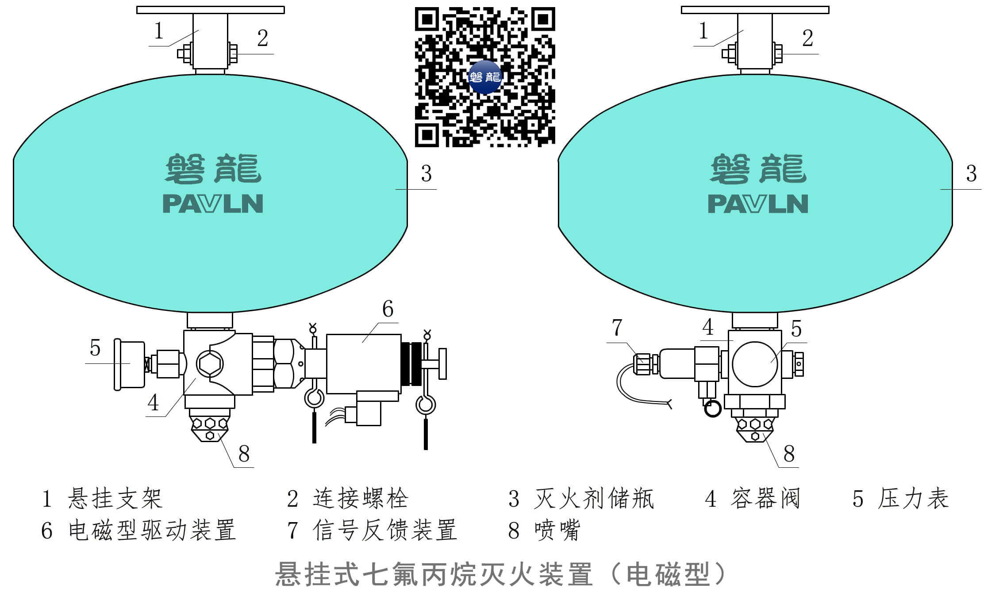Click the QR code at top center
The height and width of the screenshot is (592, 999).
point(485,77)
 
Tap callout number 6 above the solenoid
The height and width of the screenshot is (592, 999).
point(388,309)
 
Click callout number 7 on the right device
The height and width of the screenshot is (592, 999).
point(617,328)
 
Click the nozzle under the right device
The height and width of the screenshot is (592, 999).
point(755,428)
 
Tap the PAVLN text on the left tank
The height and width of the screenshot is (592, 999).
point(213,204)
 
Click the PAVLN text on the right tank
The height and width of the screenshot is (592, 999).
point(758,204)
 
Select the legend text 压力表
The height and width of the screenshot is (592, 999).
point(913,499)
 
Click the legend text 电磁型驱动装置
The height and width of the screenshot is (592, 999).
point(152,530)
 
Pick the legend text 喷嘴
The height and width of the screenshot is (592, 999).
point(557,530)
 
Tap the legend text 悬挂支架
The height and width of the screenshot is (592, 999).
point(115,499)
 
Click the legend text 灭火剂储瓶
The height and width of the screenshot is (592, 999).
point(594,499)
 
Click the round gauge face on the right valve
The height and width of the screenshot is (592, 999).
point(755,364)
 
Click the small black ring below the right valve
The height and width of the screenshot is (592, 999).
point(712,409)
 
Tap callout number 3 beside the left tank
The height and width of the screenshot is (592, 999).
point(426,174)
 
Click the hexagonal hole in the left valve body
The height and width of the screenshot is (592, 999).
point(209,364)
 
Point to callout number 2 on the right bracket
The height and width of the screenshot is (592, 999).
point(807,38)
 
